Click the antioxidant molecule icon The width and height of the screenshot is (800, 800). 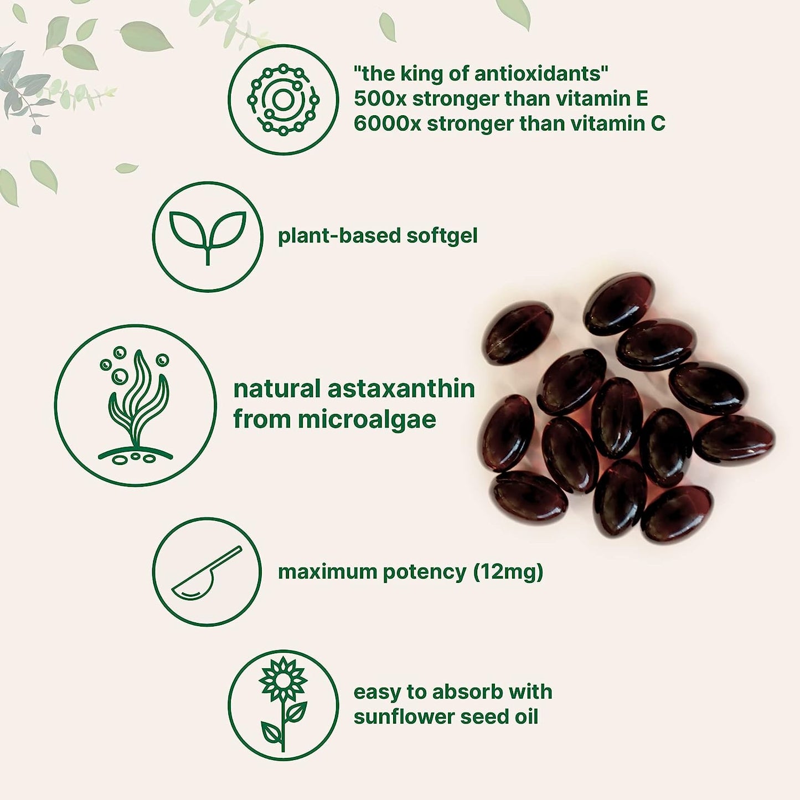click(283, 100)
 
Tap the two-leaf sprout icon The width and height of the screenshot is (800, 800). click(208, 236)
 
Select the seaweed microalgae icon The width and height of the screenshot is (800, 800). click(136, 405)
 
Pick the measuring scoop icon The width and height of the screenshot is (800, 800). click(207, 572)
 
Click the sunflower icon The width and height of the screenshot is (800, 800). click(283, 704)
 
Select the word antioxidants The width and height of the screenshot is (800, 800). click(533, 74)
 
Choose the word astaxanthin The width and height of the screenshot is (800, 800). click(401, 389)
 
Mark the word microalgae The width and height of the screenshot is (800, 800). click(367, 420)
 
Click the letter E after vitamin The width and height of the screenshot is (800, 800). click(642, 99)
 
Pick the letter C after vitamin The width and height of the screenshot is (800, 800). click(657, 123)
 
